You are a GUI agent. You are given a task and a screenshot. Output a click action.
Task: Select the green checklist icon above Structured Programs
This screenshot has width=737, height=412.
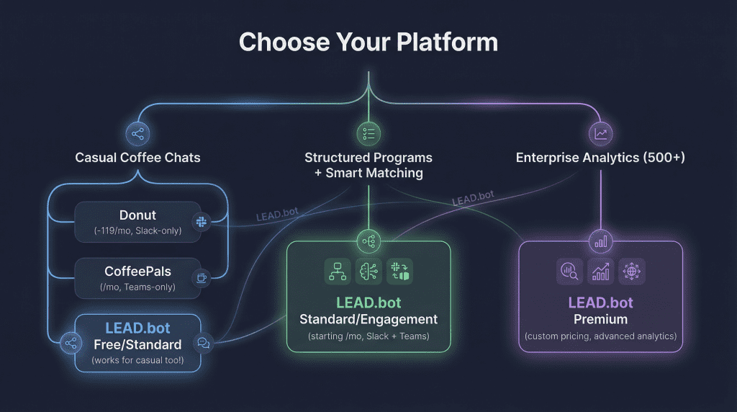(x=368, y=133)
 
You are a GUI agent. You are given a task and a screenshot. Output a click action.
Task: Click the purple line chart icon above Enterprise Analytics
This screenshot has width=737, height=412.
(x=600, y=133)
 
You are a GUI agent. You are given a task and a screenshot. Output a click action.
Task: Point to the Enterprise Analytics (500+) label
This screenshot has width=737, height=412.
(x=600, y=157)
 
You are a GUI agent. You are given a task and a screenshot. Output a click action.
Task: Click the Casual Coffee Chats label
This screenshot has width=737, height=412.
(x=137, y=157)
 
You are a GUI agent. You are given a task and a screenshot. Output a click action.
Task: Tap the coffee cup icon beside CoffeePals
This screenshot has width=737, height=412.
(x=201, y=277)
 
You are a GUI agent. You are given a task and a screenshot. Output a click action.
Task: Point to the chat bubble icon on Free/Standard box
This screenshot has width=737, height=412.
(x=204, y=344)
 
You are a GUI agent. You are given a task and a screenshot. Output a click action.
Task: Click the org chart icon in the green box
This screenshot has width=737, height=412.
(x=337, y=272)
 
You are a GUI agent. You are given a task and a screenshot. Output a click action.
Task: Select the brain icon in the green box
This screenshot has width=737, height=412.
(x=368, y=272)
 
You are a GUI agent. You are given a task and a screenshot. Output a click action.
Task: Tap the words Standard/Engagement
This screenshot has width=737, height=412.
(x=368, y=319)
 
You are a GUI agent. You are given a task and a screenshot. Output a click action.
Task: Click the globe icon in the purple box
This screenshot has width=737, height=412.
(x=632, y=272)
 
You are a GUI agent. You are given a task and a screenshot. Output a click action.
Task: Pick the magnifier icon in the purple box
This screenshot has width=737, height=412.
(x=569, y=272)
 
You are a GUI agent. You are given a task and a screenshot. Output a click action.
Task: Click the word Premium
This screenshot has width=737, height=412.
(x=600, y=319)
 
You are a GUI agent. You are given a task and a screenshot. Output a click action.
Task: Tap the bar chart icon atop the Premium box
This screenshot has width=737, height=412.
(x=600, y=241)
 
